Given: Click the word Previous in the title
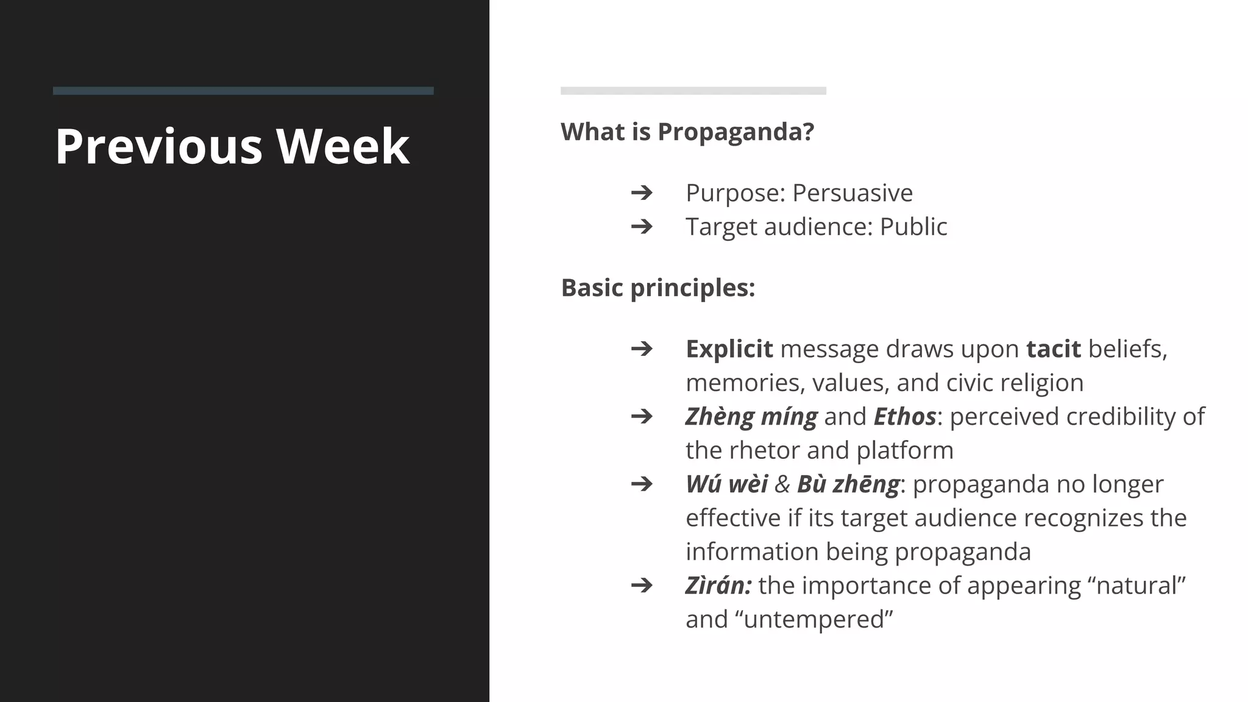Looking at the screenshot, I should click(158, 146).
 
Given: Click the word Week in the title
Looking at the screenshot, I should click(342, 146).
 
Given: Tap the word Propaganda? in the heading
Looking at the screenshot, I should click(736, 132).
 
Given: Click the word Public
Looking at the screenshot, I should click(913, 227).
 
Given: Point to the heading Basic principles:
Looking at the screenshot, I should click(658, 288).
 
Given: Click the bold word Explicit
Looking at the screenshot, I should click(729, 349).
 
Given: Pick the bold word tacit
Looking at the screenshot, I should click(1053, 349).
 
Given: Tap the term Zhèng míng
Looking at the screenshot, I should click(751, 417).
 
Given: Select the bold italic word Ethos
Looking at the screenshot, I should click(904, 417).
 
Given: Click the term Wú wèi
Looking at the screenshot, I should click(726, 484).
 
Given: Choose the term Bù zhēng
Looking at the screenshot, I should click(848, 484).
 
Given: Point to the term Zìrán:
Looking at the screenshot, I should click(718, 586).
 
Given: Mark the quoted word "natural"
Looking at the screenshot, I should click(1136, 586).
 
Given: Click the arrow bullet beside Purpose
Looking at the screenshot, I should click(641, 193).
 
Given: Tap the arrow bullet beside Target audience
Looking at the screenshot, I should click(641, 227).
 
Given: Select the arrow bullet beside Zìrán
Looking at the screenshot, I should click(641, 586).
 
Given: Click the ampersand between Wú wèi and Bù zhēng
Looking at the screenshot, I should click(782, 484).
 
